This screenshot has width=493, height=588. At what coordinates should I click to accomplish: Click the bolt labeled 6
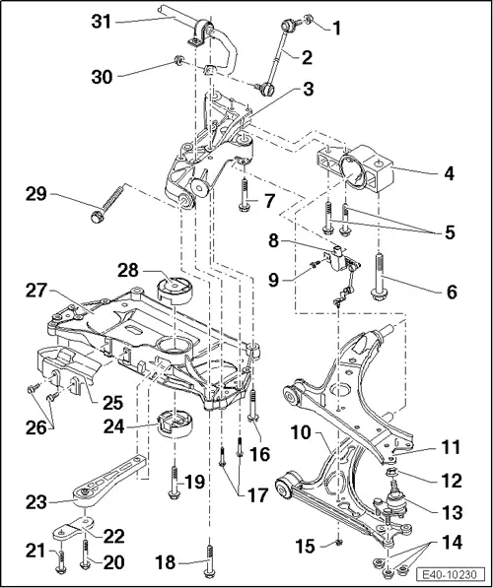pos(380,277)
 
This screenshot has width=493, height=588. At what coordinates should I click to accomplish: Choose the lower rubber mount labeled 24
pos(174,425)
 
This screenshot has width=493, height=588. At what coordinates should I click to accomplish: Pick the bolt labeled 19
pos(175,476)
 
